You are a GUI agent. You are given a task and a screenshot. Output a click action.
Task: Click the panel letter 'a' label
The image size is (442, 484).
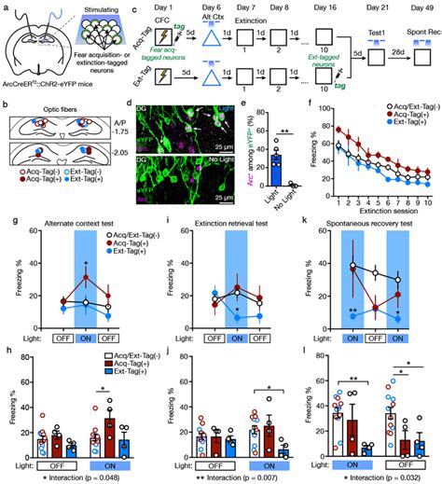click(7, 7)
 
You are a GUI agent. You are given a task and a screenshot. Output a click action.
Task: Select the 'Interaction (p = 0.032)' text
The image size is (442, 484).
click(381, 474)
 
